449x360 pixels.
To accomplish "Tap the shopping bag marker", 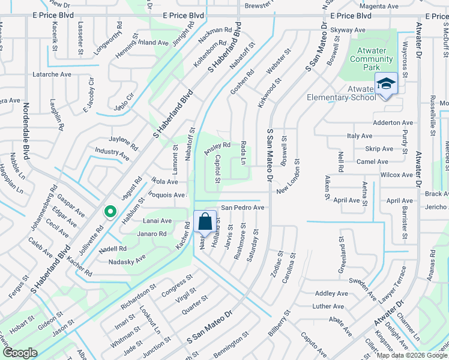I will pos(205,221).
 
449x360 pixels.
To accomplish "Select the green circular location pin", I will pos(110,212).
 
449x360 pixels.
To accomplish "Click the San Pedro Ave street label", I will pos(243,208).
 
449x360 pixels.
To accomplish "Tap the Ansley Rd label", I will pos(217,146).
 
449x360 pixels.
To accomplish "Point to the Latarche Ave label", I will pos(52,75).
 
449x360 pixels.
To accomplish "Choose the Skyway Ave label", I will pos(348,29).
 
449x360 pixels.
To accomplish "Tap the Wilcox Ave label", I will pos(397,175).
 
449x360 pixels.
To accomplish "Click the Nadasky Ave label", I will pos(127,261).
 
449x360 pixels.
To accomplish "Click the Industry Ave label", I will pos(112,153).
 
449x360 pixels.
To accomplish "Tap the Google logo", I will pos(20,352).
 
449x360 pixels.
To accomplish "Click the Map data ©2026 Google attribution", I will pos(412,355).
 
